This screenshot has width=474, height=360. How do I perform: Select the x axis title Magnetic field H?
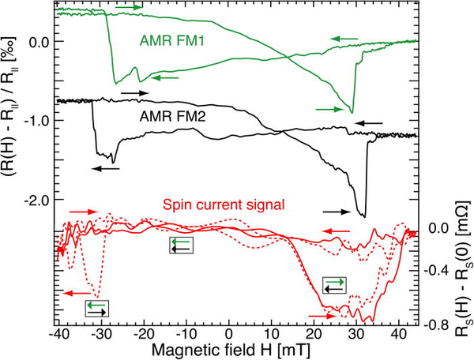click(228, 349)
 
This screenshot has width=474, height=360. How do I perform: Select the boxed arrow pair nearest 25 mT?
click(334, 285)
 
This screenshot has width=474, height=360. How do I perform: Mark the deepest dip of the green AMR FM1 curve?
click(352, 112)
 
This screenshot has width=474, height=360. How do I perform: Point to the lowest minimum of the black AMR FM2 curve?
click(363, 216)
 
